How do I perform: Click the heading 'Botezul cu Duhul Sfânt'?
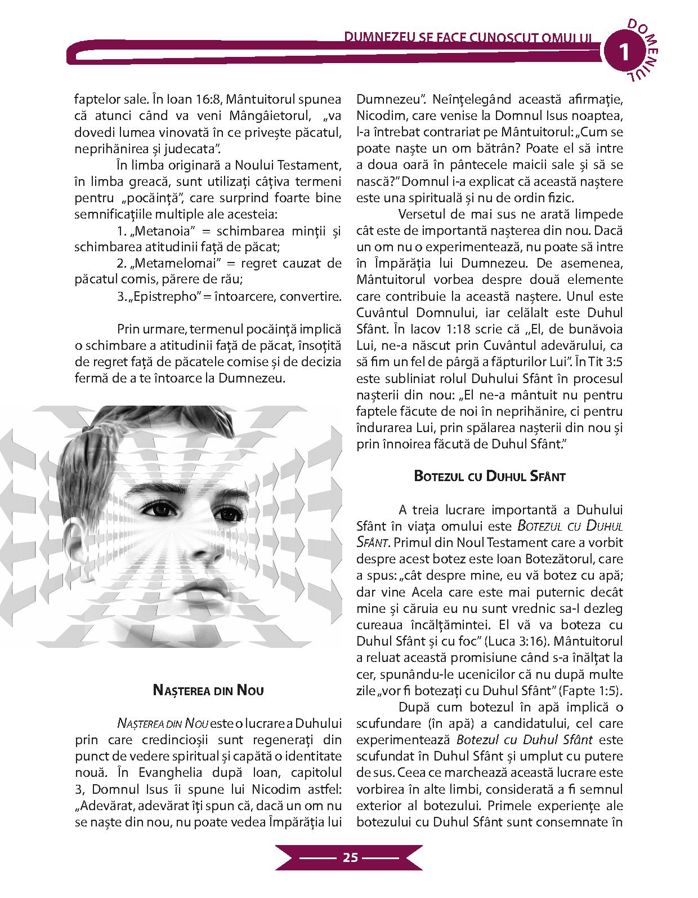tap(489, 476)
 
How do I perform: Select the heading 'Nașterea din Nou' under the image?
tap(208, 690)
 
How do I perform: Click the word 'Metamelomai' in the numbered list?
tap(175, 264)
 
